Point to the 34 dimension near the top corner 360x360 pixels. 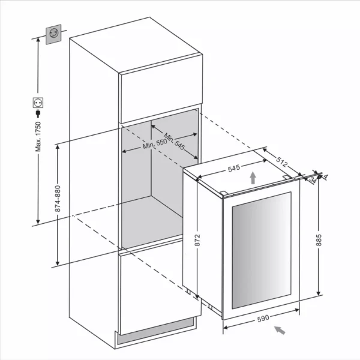[x=314, y=182]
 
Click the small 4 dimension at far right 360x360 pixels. [x=326, y=176]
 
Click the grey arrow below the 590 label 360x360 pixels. [x=280, y=330]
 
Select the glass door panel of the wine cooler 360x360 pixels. [x=260, y=250]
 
